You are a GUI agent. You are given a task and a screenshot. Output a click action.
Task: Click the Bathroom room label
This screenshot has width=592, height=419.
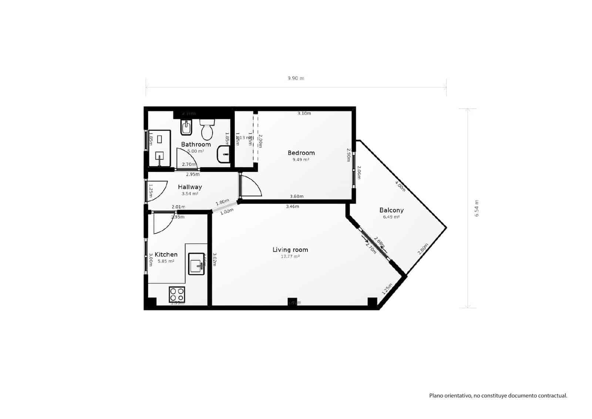click(x=196, y=144)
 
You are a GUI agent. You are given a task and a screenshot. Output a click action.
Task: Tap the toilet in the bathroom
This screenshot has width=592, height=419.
click(x=207, y=128)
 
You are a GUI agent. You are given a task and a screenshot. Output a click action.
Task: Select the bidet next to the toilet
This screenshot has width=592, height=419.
click(x=185, y=128)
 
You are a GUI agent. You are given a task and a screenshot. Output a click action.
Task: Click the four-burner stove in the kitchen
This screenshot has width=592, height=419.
click(x=177, y=295)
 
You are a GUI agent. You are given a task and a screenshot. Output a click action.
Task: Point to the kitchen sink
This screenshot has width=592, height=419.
click(x=196, y=264)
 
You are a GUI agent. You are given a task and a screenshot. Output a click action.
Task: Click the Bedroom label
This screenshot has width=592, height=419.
click(x=301, y=153)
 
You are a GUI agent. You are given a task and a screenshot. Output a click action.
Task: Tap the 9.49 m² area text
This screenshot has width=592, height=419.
click(x=301, y=160)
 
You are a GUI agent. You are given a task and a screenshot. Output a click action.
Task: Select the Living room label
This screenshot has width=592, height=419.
click(x=290, y=250)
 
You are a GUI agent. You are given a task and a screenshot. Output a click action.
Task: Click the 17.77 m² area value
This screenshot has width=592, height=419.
click(x=290, y=257)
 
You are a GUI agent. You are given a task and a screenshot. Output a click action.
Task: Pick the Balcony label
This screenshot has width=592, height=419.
click(x=391, y=210)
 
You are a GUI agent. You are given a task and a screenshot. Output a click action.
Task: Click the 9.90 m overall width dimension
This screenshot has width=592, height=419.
click(x=296, y=78)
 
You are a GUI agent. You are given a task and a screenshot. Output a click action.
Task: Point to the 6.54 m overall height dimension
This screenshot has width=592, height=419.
click(x=477, y=208)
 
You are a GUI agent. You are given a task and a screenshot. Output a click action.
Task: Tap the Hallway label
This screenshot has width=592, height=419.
click(x=190, y=187)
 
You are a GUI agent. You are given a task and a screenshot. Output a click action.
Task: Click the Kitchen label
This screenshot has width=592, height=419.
click(x=166, y=255)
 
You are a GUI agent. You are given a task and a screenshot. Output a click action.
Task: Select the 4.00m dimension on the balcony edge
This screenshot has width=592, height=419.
click(x=400, y=186)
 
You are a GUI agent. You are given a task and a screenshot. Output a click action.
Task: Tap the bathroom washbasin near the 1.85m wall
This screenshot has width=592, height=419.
click(x=223, y=154)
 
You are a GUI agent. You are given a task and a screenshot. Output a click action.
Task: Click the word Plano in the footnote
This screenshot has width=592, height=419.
click(x=436, y=396)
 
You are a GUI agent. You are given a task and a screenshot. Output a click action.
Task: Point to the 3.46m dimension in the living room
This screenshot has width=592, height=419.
click(x=292, y=207)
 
